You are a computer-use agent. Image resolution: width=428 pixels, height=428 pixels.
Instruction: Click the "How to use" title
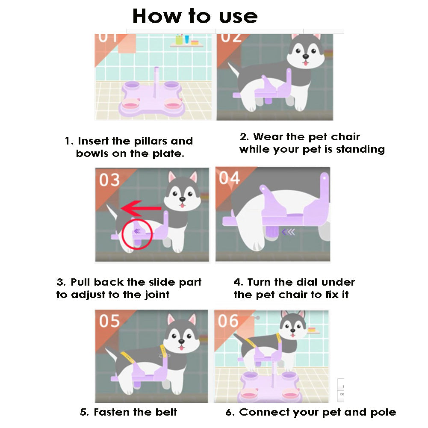pos(195,16)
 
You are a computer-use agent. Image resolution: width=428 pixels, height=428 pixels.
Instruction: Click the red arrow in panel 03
pos(141,209)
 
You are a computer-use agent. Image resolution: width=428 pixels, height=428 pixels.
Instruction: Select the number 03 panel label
pos(109,180)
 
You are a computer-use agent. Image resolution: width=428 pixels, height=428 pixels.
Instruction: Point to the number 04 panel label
pos(229,178)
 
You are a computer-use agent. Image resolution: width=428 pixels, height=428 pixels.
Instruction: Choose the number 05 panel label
pos(109,321)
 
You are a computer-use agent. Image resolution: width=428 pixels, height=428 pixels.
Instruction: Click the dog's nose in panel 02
pos(306,57)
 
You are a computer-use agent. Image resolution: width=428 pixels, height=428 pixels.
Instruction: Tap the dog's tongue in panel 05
pos(181,348)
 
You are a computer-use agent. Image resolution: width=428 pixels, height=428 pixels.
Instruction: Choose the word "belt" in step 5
pos(166,412)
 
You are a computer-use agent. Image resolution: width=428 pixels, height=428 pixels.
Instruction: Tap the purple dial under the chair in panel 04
pos(272,233)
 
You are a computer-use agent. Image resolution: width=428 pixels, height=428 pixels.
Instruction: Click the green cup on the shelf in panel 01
pos(179,40)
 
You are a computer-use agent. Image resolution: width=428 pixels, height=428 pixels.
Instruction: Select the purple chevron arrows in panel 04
pos(289,232)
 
